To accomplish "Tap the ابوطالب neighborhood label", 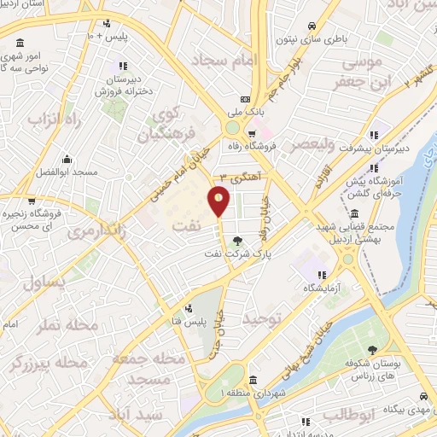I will point(344,416).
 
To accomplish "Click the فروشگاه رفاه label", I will point(253,146).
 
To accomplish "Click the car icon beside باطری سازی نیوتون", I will point(313,25).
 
